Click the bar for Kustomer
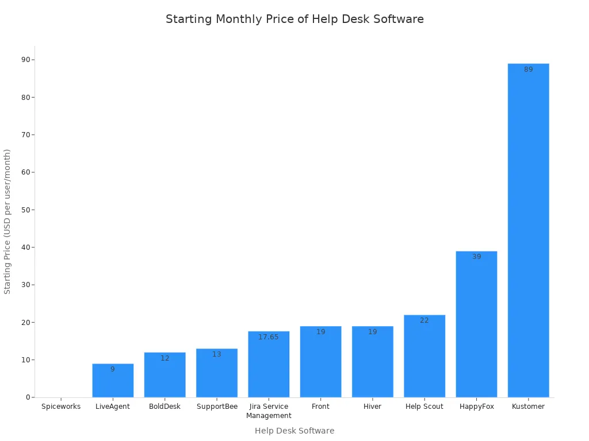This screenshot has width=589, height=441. (x=528, y=230)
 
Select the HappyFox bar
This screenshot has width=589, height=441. (x=476, y=324)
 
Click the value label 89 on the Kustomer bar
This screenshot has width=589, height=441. (x=528, y=69)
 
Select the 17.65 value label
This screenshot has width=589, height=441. (x=269, y=337)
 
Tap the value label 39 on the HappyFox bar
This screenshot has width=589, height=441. (x=476, y=257)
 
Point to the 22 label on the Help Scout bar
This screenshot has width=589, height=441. (x=424, y=320)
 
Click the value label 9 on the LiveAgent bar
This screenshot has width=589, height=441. (x=113, y=369)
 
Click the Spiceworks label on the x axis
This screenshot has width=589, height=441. (x=61, y=407)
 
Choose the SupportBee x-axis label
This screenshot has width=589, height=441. (x=217, y=407)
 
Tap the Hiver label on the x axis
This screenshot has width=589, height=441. (x=373, y=407)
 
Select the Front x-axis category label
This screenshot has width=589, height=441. (x=320, y=407)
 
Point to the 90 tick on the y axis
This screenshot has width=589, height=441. (x=26, y=60)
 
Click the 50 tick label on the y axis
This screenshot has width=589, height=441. (x=26, y=210)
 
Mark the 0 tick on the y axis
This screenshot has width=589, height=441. (x=28, y=397)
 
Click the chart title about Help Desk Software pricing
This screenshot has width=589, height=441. (x=294, y=19)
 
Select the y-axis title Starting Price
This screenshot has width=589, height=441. (x=7, y=222)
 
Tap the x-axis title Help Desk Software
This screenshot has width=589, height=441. (x=294, y=431)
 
